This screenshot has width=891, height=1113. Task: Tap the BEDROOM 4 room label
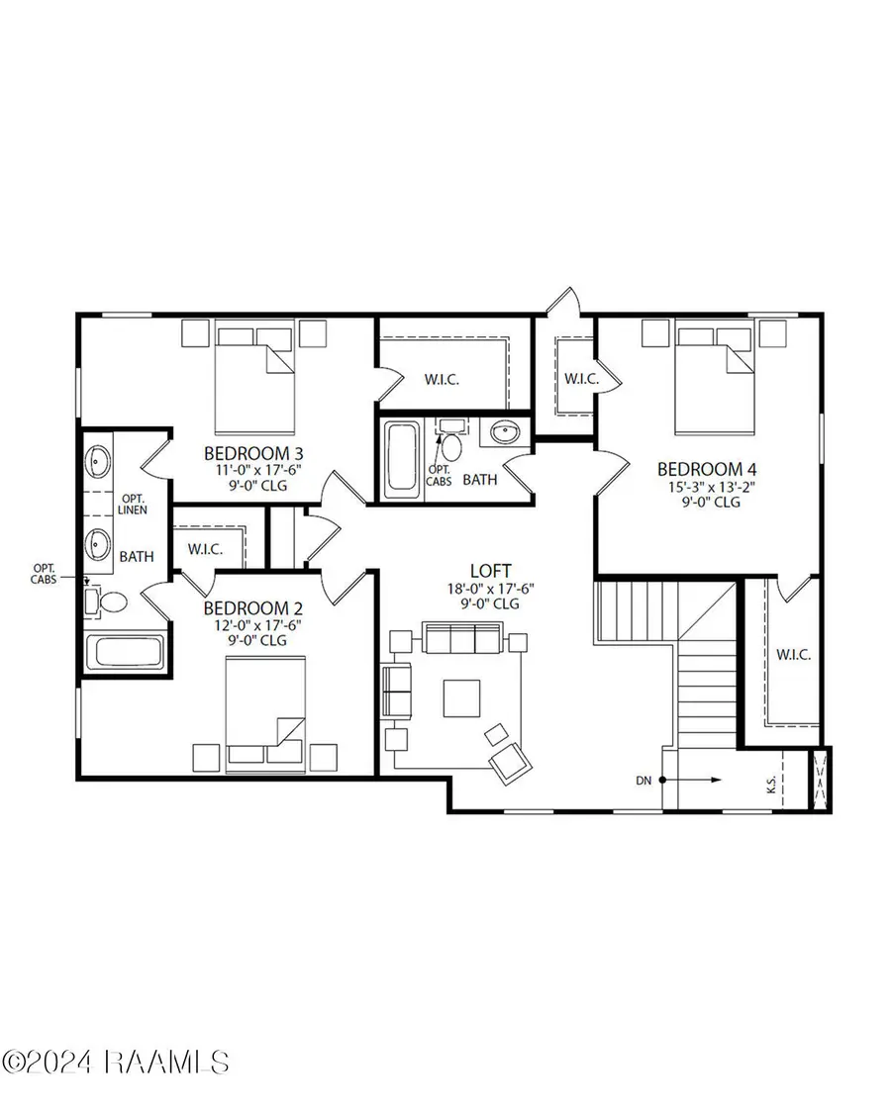[x=700, y=468]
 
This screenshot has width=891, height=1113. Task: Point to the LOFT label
[x=491, y=571]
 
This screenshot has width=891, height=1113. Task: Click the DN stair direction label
[x=644, y=781]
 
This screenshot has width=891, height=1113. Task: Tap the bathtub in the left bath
[x=125, y=653]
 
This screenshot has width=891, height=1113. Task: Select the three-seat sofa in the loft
[x=462, y=639]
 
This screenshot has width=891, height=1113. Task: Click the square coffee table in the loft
[x=462, y=697]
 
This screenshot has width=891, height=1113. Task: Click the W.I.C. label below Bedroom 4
[x=794, y=654]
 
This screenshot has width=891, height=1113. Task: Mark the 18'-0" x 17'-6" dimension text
[x=491, y=588]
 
